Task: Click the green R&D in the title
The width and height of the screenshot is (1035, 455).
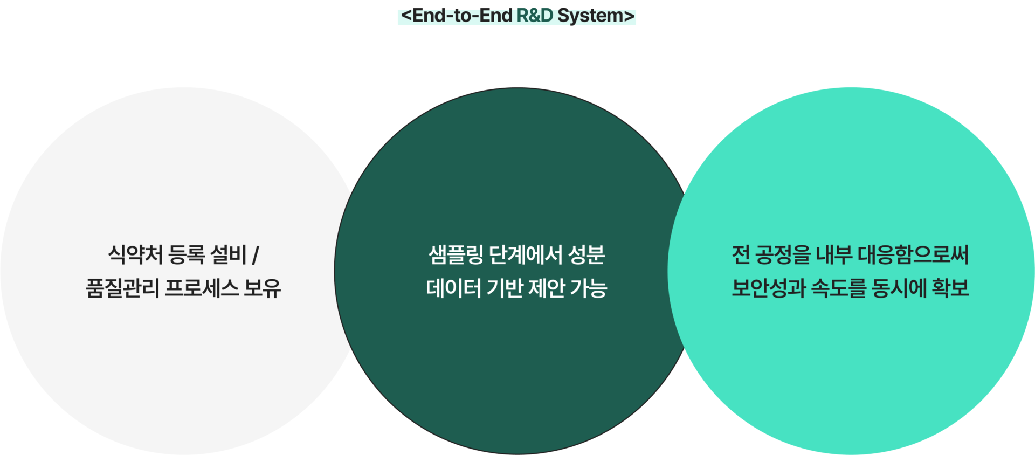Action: pyautogui.click(x=535, y=16)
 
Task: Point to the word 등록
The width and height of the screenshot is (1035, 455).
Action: pyautogui.click(x=186, y=254)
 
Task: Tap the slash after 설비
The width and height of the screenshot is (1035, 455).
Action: pyautogui.click(x=256, y=255)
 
